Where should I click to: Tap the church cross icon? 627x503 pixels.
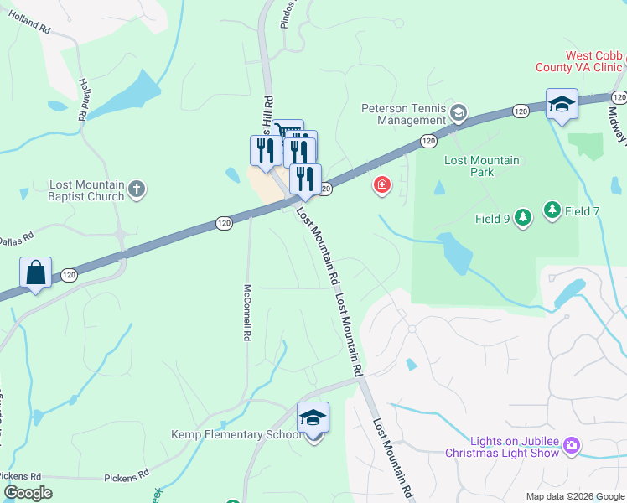pos(138,190)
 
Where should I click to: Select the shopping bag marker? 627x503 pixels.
pos(36,273)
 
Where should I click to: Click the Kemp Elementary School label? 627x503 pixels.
pos(236,434)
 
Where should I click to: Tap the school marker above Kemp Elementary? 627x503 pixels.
pos(313,417)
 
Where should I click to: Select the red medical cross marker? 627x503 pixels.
pos(381,184)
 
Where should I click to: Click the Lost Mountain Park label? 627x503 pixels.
pos(481,166)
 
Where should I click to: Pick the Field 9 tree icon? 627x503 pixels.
pos(523,219)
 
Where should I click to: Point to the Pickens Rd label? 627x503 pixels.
pos(127,478)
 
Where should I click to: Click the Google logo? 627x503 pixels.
pos(28,492)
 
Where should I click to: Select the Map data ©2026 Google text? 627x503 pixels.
pos(574,496)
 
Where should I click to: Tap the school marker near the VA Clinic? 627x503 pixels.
pos(561,105)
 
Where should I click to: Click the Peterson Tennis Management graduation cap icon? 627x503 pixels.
pos(458,111)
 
